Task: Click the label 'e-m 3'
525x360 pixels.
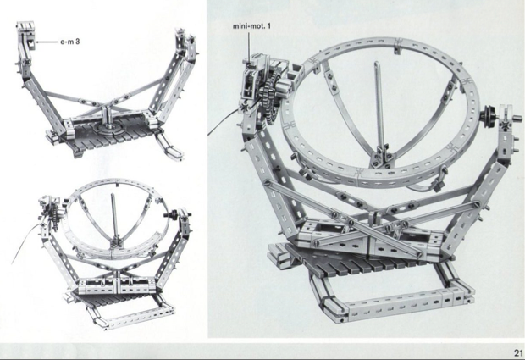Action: (71, 40)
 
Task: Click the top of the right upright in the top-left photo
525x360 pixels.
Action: (180, 38)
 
